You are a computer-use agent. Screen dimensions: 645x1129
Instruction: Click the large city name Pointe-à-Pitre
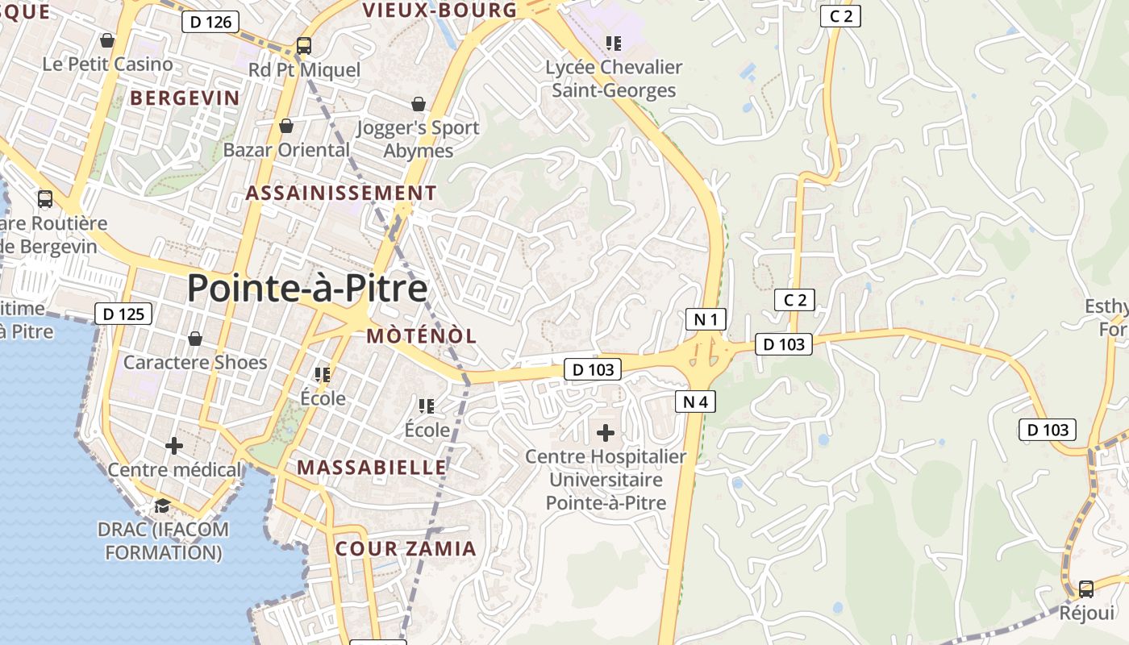coord(307,288)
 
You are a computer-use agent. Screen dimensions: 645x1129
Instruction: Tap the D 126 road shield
coord(212,22)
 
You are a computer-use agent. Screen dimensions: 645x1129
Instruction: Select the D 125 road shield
coord(123,314)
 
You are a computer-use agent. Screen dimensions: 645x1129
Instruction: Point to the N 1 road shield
coord(706,319)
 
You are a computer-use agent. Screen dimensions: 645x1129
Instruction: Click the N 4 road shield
coord(695,401)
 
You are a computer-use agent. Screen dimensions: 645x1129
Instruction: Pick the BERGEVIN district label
coord(185,98)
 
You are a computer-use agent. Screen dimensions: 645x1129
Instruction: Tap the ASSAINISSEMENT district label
coord(340,193)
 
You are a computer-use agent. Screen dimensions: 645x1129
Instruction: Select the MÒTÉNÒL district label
coord(422,336)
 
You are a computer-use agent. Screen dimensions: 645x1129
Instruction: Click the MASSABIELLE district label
coord(371,468)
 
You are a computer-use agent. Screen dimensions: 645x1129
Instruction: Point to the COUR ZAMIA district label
coord(406,549)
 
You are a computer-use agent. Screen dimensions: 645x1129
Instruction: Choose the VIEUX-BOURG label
coord(440,10)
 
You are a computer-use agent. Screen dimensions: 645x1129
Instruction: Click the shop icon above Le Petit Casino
coord(107,40)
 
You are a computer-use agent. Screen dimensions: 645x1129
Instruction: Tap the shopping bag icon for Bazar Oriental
coord(285,126)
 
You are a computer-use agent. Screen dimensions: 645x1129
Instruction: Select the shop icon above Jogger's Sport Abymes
coord(418,104)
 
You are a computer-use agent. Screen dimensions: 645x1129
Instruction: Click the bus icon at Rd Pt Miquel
coord(304,46)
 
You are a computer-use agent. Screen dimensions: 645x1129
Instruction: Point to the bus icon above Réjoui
coord(1086,589)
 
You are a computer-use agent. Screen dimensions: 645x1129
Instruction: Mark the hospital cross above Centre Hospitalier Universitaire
coord(606,433)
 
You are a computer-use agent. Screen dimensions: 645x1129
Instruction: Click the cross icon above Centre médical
coord(174,445)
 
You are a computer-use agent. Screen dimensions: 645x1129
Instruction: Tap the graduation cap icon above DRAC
coord(162,506)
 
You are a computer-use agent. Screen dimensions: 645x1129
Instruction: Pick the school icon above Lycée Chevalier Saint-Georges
coord(614,43)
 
